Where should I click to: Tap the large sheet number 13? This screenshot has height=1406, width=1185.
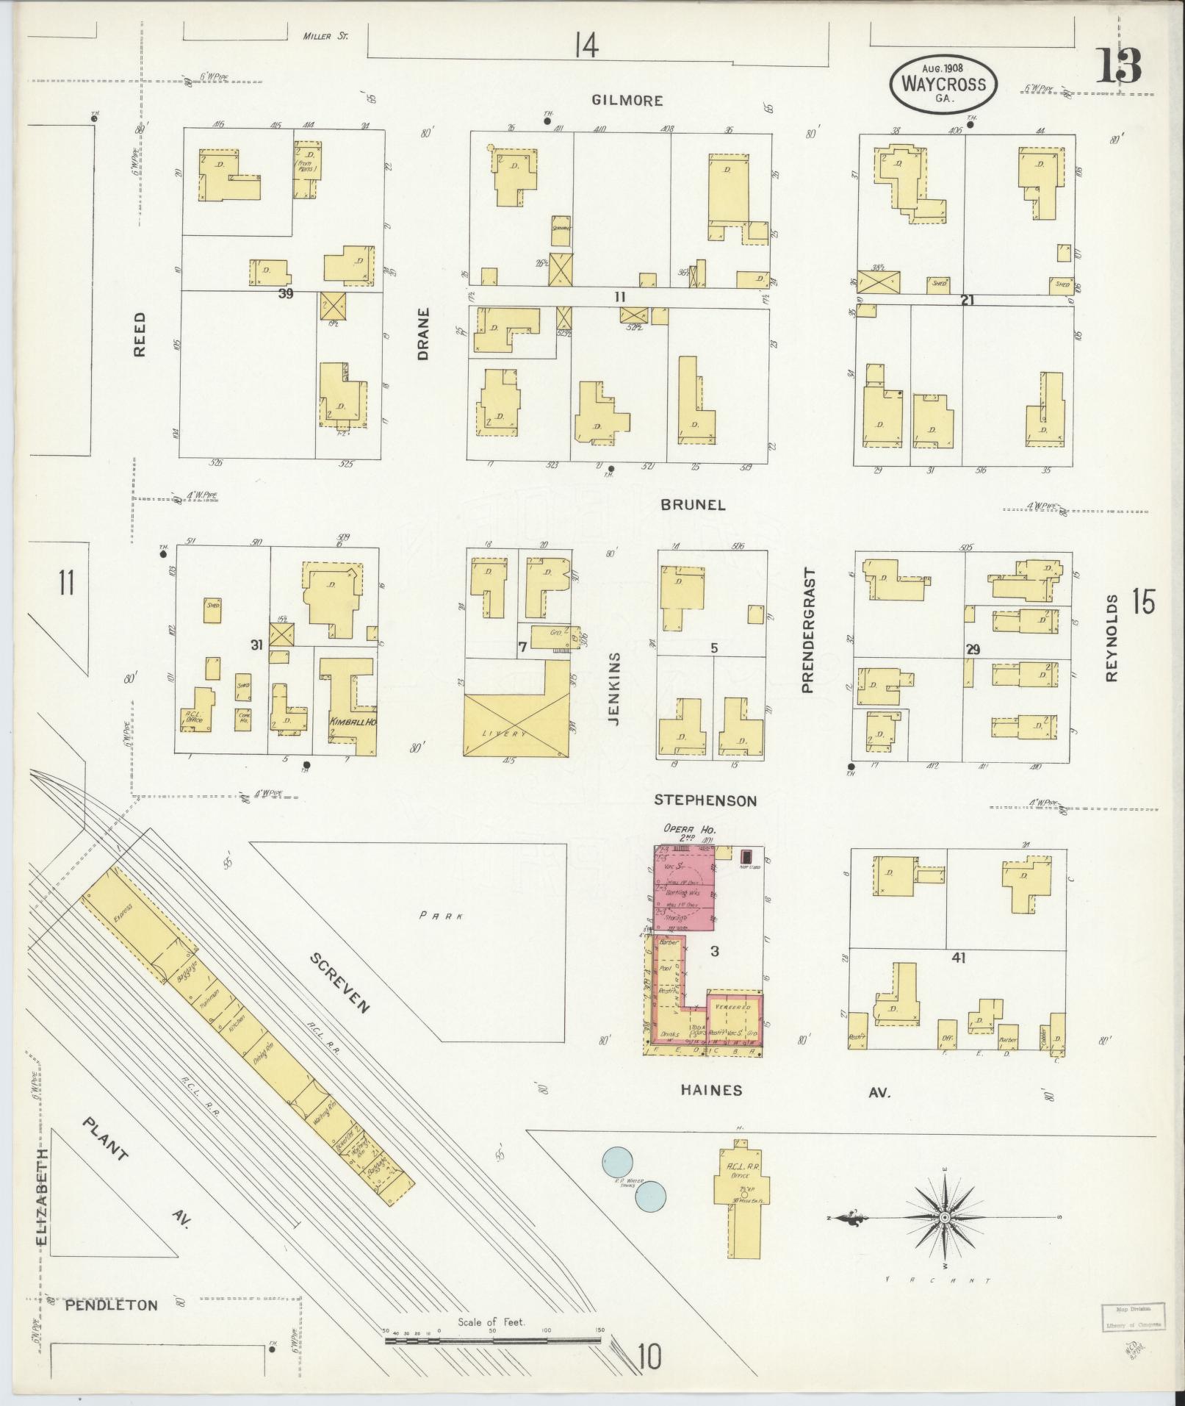click(1119, 66)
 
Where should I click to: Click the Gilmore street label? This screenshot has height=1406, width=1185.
click(628, 101)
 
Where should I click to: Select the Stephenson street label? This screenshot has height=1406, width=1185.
click(705, 800)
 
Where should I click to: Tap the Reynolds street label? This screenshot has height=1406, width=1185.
click(1110, 638)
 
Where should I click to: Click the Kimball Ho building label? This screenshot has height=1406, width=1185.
click(353, 722)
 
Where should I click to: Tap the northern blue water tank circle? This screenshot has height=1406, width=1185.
click(617, 1162)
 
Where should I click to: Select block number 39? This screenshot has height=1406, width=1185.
click(286, 294)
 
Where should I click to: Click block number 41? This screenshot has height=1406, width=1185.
click(958, 958)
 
